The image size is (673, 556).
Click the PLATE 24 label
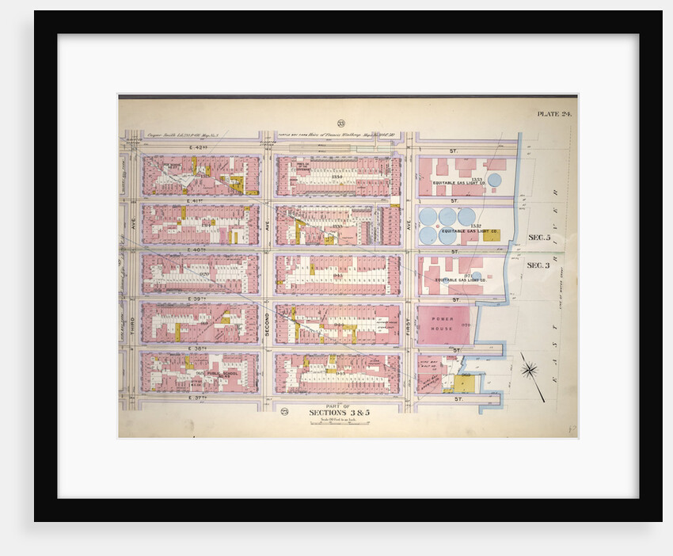554,114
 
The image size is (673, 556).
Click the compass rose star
530,368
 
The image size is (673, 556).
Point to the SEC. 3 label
538,265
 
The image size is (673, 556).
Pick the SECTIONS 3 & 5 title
340,412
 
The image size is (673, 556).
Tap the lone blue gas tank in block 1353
494,180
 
